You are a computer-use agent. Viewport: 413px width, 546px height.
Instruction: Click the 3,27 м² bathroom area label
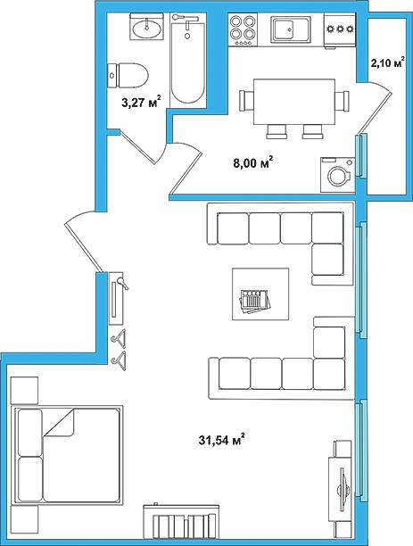[141, 102]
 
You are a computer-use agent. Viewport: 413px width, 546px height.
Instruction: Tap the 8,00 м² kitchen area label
[252, 162]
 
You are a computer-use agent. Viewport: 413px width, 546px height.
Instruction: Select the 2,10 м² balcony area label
[387, 64]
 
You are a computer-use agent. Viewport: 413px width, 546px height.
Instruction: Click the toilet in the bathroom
[128, 75]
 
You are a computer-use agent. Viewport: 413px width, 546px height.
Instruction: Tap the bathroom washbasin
[147, 27]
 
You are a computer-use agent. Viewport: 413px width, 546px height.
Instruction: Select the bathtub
[187, 58]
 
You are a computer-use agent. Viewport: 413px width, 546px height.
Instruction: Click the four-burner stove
[243, 29]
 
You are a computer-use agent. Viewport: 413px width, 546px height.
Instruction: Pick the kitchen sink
[290, 29]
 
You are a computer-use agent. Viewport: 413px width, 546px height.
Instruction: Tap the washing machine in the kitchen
[337, 175]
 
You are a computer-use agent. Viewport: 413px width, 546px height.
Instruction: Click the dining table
[294, 102]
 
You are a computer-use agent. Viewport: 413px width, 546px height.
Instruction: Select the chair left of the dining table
[246, 101]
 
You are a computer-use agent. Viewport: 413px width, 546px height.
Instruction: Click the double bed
[67, 455]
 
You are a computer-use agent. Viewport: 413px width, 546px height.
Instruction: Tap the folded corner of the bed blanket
[59, 423]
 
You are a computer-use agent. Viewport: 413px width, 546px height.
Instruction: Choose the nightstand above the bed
[24, 390]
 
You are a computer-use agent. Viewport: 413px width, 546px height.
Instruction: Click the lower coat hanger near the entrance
[119, 358]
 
